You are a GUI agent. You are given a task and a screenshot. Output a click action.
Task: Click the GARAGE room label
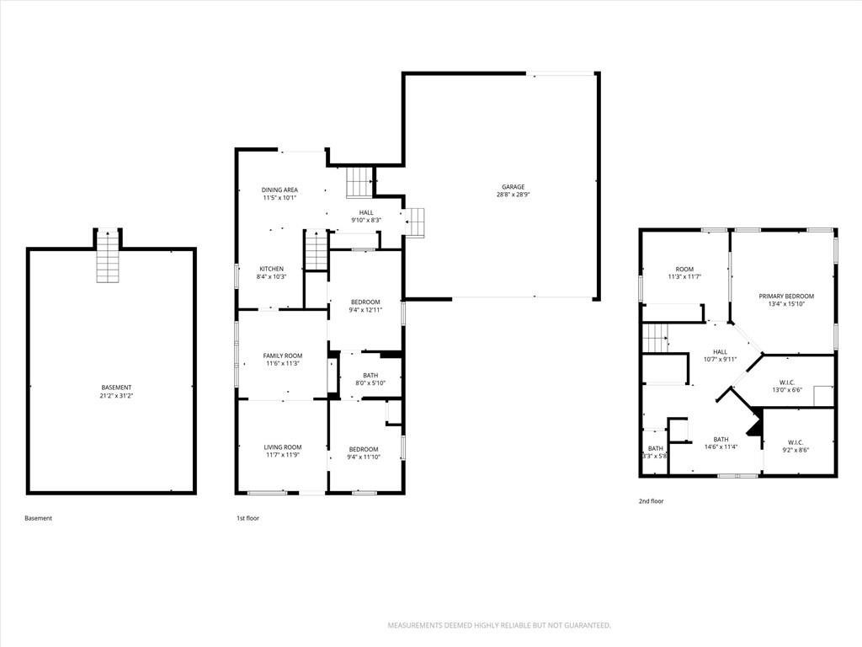tap(513, 187)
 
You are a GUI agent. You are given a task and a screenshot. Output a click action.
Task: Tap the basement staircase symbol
tap(108, 256)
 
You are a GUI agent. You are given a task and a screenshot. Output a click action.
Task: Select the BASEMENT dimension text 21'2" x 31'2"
tap(116, 395)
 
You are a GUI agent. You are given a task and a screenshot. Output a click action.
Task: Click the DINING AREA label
tap(279, 190)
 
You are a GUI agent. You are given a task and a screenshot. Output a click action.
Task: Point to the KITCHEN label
tap(272, 269)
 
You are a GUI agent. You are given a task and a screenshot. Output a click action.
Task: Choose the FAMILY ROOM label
tap(283, 356)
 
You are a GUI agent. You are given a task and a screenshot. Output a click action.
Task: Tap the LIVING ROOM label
tap(283, 447)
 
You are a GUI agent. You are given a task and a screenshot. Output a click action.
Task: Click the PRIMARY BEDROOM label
tap(786, 296)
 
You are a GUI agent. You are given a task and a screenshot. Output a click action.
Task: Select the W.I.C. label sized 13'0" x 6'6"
tap(787, 382)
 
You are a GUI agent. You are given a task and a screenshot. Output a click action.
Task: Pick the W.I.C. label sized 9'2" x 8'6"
tap(795, 442)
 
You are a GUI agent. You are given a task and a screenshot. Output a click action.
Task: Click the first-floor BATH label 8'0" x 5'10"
tap(370, 375)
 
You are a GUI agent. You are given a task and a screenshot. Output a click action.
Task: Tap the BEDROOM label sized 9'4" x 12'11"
tap(365, 302)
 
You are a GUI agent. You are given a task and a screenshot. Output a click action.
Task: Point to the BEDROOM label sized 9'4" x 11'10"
tap(364, 449)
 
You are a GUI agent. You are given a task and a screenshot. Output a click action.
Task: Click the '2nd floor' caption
tap(651, 501)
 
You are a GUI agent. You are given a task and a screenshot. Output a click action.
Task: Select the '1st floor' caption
tap(247, 518)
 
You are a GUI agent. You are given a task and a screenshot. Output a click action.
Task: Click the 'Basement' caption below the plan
tap(39, 518)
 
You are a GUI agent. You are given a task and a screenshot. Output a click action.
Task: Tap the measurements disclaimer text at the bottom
tap(499, 626)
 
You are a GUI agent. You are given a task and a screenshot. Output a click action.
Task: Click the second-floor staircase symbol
tap(655, 338)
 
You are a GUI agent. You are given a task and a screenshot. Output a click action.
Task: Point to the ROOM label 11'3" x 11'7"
tap(684, 270)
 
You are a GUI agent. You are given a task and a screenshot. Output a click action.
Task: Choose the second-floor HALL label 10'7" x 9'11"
tap(721, 352)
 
